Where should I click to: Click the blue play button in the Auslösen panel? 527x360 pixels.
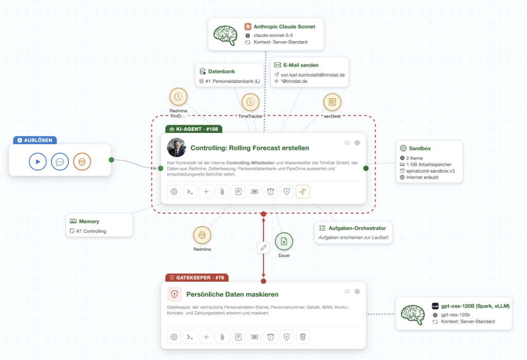pyautogui.click(x=38, y=162)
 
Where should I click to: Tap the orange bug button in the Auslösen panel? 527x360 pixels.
pyautogui.click(x=82, y=162)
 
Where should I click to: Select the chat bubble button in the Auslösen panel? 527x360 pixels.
pyautogui.click(x=60, y=162)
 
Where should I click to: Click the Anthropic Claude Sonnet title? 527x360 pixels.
pyautogui.click(x=284, y=27)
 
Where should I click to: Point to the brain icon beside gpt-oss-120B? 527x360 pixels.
pyautogui.click(x=413, y=314)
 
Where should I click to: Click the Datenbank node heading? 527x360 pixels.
pyautogui.click(x=221, y=71)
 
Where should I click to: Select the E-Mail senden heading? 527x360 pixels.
pyautogui.click(x=301, y=65)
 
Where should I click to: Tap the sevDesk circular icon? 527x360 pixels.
pyautogui.click(x=332, y=102)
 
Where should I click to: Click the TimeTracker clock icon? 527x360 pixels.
pyautogui.click(x=251, y=102)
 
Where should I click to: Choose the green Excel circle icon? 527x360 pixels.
pyautogui.click(x=284, y=241)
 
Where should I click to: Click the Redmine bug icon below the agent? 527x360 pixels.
pyautogui.click(x=202, y=235)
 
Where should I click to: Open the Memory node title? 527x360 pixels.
pyautogui.click(x=89, y=221)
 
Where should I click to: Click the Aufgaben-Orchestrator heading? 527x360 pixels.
pyautogui.click(x=357, y=228)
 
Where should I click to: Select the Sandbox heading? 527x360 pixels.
pyautogui.click(x=420, y=148)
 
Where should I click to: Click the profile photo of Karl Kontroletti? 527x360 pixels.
pyautogui.click(x=177, y=148)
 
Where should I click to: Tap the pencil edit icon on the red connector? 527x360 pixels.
pyautogui.click(x=263, y=248)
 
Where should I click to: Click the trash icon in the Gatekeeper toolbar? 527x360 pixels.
pyautogui.click(x=303, y=337)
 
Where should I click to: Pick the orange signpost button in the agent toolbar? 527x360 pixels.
pyautogui.click(x=303, y=192)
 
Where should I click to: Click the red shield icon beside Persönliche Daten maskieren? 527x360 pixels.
pyautogui.click(x=174, y=294)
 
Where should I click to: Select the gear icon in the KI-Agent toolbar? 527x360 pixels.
pyautogui.click(x=174, y=192)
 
